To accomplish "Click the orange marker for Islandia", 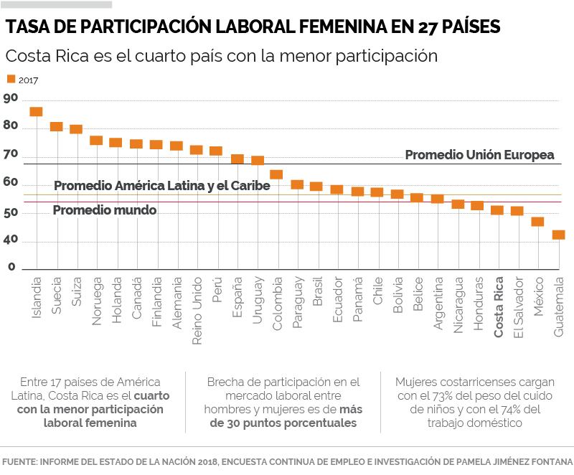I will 36,112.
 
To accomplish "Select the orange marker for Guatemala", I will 558,235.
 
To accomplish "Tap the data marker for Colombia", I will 276,174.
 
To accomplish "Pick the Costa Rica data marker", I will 497,210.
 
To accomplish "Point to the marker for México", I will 537,222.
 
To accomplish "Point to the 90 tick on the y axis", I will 10,98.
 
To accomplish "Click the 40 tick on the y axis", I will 10,242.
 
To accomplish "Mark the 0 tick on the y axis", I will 11,267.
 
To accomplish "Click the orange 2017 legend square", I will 10,80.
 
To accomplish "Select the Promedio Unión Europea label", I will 479,155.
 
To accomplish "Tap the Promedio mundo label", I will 105,210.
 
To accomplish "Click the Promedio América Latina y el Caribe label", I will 161,186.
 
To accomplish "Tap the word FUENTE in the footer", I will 20,461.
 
